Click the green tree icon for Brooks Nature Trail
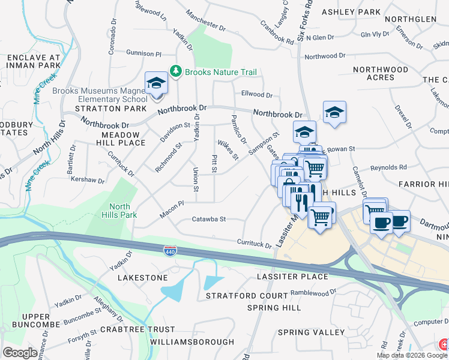coord(175,72)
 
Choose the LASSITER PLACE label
coord(292,277)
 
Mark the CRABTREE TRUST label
coord(137,329)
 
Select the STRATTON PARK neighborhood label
coord(110,109)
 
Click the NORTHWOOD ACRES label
coord(381,74)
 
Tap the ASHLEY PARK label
coord(351,12)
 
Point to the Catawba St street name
coord(208,220)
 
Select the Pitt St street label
coord(214,163)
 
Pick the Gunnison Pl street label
coord(144,53)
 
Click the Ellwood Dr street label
coord(256,95)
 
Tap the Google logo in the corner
coord(20,353)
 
